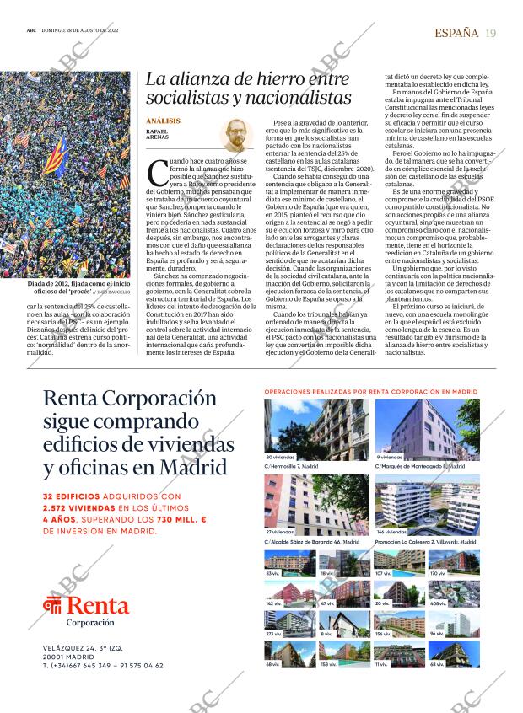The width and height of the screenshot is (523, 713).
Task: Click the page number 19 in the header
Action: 491,33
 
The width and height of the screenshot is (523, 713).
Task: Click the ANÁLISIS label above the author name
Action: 163,121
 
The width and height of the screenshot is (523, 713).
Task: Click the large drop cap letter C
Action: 156,174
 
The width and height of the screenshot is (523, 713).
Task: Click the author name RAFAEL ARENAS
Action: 158,134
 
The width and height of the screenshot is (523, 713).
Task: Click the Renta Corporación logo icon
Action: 53,606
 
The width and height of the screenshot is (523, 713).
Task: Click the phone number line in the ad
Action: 103,665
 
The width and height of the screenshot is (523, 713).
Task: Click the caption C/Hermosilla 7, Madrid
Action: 291,465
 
